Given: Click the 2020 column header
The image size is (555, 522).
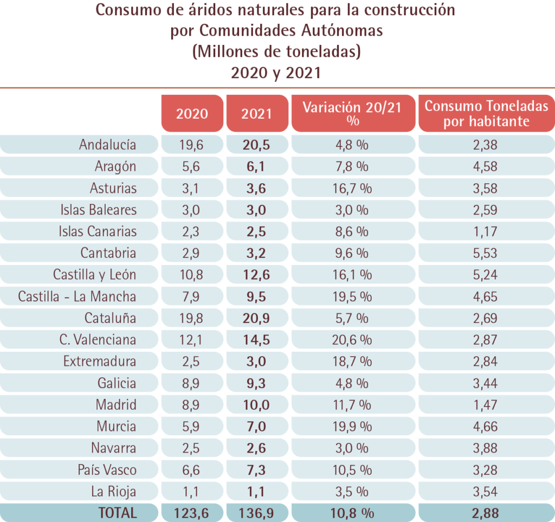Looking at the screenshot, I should (192, 113).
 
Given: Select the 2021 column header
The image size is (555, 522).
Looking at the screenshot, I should (257, 113).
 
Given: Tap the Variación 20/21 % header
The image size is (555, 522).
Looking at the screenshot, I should (352, 113).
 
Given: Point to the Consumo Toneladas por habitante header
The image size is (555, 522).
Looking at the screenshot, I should (486, 113).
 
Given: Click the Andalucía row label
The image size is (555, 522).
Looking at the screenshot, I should (107, 145).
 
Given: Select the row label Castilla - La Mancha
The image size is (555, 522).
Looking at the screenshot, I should (77, 297).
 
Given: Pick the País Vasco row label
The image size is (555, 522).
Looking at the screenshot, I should (107, 470).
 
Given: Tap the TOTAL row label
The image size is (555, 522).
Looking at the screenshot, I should (118, 512).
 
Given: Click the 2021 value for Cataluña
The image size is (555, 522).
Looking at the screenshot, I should (256, 318).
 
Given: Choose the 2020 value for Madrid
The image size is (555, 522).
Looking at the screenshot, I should (191, 405).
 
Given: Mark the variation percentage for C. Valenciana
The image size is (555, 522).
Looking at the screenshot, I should (352, 340).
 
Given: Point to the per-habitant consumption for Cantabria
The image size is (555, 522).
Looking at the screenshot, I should (485, 253).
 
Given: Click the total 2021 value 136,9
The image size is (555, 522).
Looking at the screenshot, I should (256, 512).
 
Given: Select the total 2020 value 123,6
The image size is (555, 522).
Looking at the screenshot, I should (191, 512).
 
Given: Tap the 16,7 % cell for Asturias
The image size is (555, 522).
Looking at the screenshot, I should (352, 188).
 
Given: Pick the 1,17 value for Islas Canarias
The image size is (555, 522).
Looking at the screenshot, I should (485, 231).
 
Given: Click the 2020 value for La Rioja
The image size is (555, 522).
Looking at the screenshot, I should (191, 492).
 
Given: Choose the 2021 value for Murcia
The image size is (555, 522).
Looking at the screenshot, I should (256, 427).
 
